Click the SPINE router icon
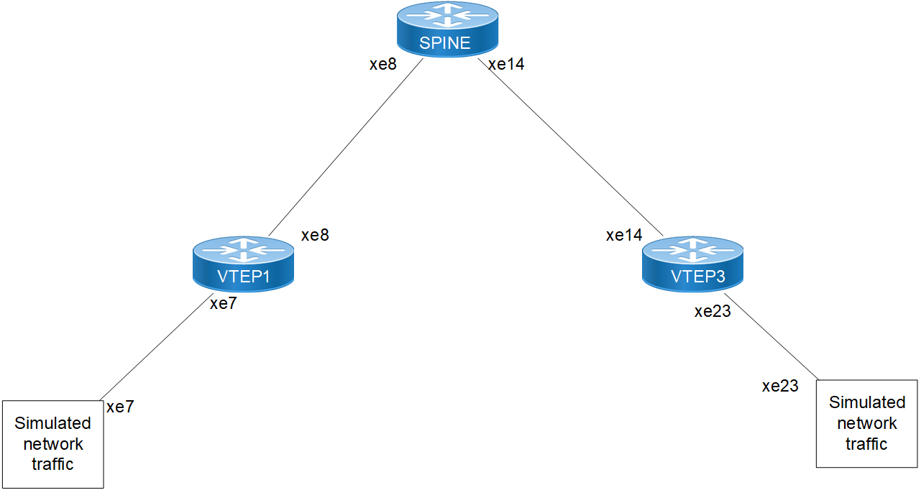pos(446,29)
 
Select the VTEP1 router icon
pos(244,264)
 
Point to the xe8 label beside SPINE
pos(382,64)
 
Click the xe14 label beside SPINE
pos(506,64)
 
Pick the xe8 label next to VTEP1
pos(315,235)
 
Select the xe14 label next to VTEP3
pos(624,235)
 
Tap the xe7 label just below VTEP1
pos(223,304)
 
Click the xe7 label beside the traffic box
pos(120,407)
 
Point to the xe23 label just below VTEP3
pos(712,311)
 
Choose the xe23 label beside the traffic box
pos(780,386)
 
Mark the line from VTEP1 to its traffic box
pos(155,352)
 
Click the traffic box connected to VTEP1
pos(52,444)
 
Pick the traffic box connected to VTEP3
pos(866,423)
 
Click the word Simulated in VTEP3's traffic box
pos(866,402)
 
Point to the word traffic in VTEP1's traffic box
pos(52,464)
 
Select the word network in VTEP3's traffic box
pos(866,423)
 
